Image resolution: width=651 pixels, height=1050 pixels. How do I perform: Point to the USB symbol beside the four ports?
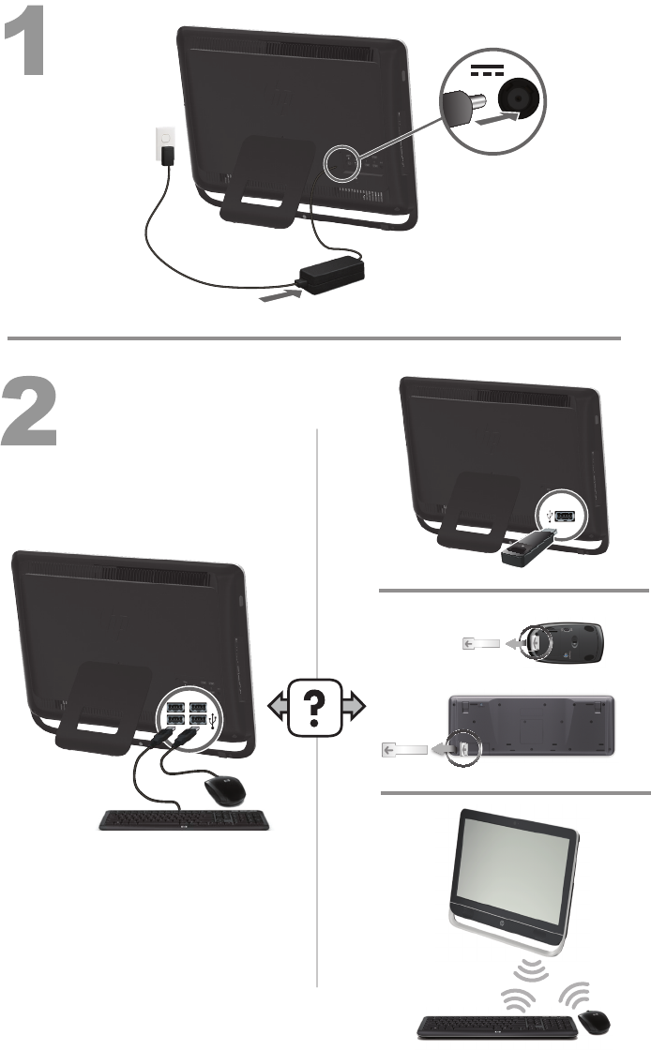(218, 720)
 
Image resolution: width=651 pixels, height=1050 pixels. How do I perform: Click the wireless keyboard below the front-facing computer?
(496, 1026)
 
